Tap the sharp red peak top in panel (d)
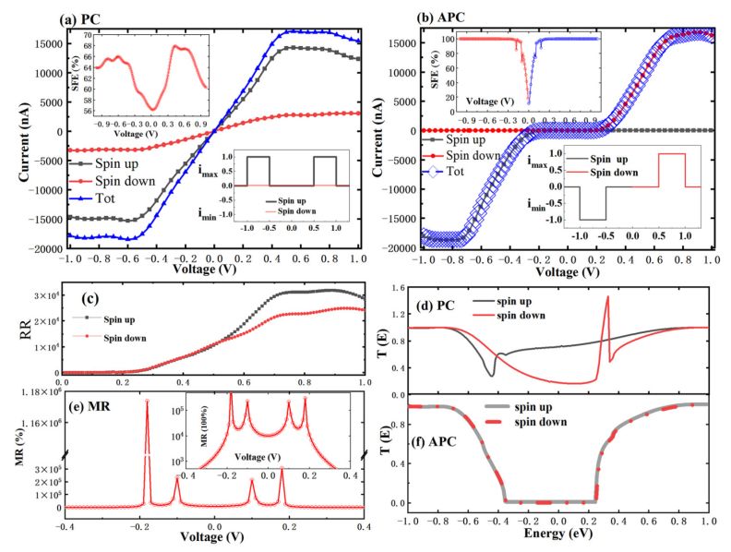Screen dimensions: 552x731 [606, 296]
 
